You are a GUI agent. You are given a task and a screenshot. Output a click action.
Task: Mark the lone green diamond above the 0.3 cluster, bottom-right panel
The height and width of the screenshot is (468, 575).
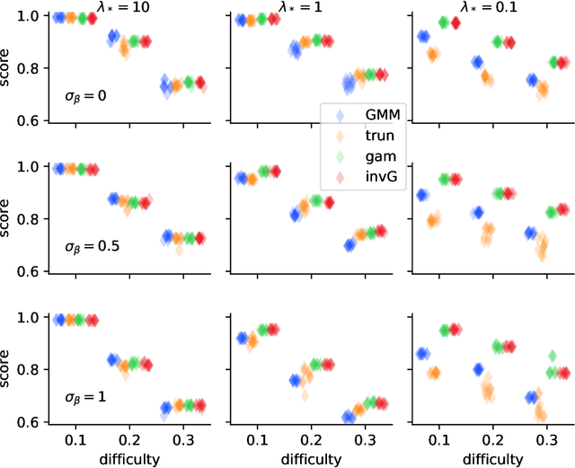click(552, 356)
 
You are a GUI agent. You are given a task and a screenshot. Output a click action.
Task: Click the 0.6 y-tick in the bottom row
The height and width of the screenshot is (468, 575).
click(32, 421)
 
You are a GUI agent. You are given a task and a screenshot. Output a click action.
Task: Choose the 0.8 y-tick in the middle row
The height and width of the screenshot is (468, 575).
click(32, 219)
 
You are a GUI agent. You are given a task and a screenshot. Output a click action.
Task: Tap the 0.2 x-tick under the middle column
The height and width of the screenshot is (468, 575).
click(310, 440)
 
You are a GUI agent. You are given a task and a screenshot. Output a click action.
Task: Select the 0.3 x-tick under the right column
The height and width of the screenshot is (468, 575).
click(541, 440)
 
